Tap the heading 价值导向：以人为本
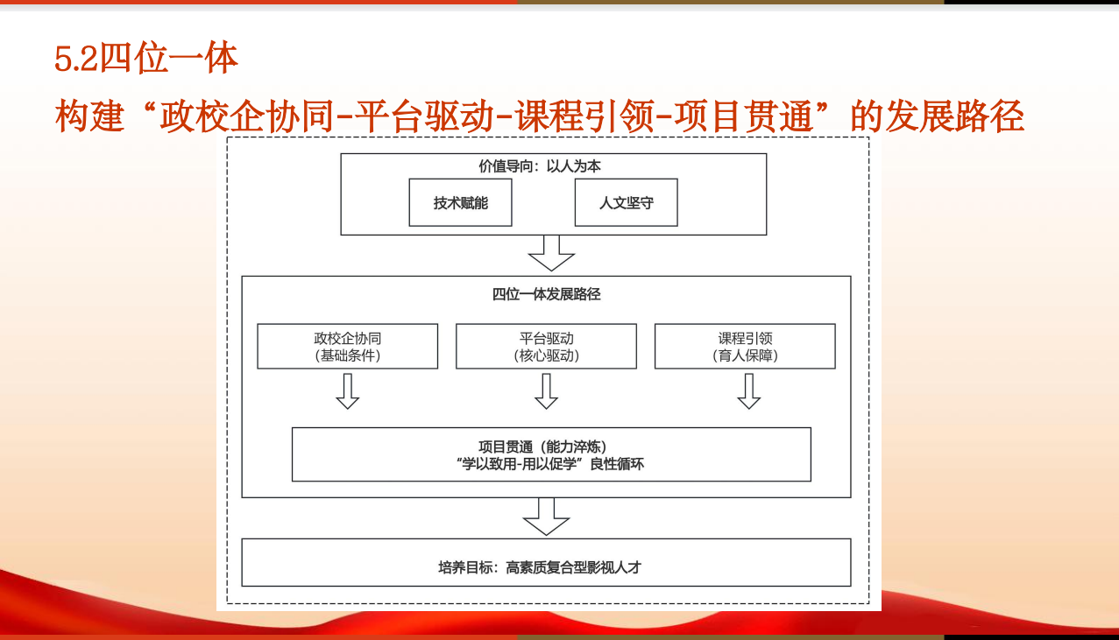click(x=540, y=166)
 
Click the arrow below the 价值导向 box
click(x=551, y=253)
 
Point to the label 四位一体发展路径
click(x=546, y=294)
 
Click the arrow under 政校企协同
click(x=347, y=391)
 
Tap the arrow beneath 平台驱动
click(x=546, y=391)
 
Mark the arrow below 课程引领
click(x=749, y=391)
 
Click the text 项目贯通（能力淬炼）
click(x=542, y=447)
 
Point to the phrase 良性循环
click(x=617, y=464)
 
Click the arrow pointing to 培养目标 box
click(x=546, y=517)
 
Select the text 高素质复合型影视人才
click(x=573, y=567)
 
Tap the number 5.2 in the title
click(x=76, y=59)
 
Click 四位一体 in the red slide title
click(x=169, y=58)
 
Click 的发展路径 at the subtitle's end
click(x=937, y=116)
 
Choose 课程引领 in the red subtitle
click(x=584, y=116)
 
